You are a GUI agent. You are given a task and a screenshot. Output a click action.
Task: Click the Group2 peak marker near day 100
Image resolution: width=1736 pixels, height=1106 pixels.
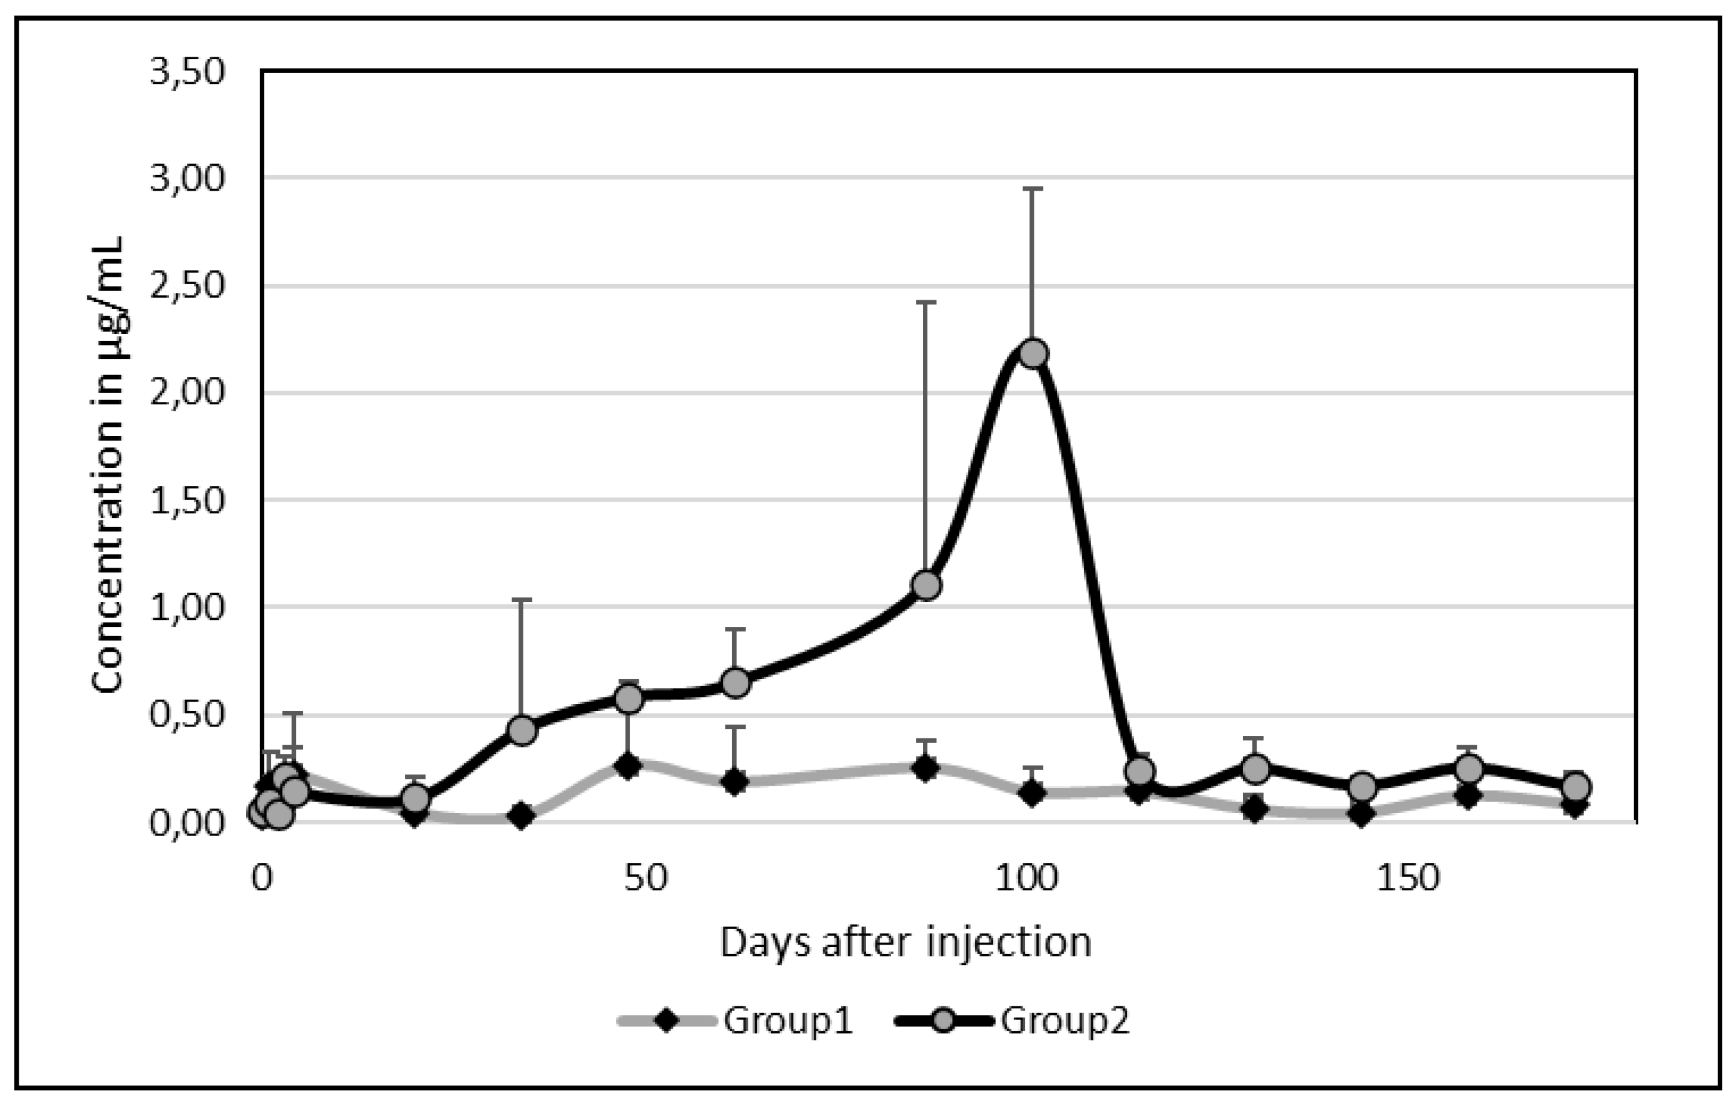point(1033,354)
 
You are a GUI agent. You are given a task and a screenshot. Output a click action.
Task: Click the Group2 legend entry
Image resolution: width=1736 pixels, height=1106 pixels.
point(1014,1021)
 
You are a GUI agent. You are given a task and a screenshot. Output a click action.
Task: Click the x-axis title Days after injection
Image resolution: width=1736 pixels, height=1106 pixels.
point(905,943)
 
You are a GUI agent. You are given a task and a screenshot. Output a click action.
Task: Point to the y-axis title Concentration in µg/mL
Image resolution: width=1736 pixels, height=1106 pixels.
point(108,465)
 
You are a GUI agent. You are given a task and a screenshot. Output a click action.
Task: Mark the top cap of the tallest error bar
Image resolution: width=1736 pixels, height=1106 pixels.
point(1033,189)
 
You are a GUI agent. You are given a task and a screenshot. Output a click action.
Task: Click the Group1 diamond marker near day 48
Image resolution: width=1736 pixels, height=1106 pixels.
point(629,766)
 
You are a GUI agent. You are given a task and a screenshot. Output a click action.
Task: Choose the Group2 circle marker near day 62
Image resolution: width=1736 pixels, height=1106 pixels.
point(735,682)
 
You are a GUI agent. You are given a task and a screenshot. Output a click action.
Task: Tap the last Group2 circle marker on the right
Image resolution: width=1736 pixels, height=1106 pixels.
point(1575,786)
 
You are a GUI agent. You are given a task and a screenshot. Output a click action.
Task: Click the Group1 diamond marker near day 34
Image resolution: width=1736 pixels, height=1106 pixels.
point(521,816)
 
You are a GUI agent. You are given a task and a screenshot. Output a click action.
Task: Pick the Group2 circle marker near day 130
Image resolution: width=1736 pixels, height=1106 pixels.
point(1255,768)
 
